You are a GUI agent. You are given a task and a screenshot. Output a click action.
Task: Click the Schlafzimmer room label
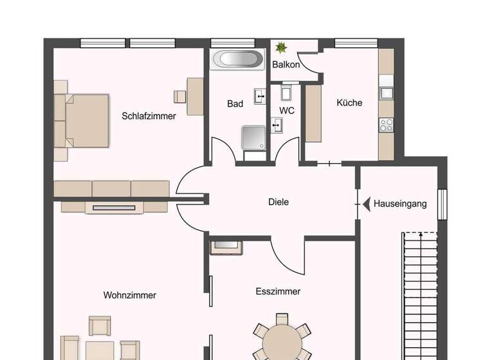[149, 116]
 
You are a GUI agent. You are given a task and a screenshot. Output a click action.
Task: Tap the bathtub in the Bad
[237, 60]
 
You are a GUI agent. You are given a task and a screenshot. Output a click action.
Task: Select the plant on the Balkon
[281, 47]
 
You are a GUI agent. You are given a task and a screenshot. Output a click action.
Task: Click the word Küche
[349, 103]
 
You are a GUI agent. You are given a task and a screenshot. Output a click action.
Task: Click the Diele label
[279, 202]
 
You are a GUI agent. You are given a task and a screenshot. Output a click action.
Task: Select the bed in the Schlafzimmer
[86, 121]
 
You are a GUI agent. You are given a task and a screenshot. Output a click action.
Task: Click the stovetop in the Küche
[386, 125]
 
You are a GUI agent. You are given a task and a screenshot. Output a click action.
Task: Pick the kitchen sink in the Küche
[386, 93]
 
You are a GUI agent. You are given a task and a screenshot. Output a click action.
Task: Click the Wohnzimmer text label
[130, 295]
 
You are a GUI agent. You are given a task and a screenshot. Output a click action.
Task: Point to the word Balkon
[286, 65]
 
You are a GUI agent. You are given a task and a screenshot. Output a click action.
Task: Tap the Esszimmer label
[278, 291]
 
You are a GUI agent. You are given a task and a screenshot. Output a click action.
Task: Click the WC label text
[287, 111]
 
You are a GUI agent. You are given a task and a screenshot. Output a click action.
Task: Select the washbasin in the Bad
[261, 96]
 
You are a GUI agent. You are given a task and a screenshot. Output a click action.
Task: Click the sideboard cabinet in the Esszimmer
[226, 246]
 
